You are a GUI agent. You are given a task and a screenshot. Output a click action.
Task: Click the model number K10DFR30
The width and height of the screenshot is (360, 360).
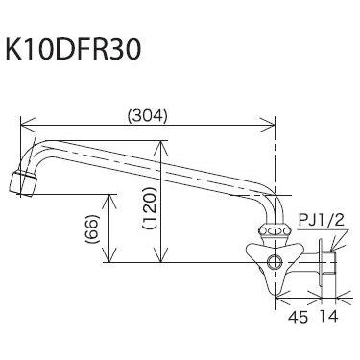tap(73, 50)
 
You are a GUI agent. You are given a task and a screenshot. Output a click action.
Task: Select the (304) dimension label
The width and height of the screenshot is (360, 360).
tap(148, 116)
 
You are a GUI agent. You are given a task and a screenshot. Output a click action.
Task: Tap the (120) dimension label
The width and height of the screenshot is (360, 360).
tap(150, 207)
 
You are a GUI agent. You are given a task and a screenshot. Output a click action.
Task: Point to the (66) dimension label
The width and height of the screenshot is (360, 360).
tap(93, 228)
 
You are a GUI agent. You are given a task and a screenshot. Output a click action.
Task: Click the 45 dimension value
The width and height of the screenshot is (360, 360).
tap(298, 317)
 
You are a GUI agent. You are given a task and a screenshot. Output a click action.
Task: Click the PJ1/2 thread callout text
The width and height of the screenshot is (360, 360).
tap(321, 221)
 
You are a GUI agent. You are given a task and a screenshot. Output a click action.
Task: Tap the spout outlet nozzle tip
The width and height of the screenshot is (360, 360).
tap(23, 183)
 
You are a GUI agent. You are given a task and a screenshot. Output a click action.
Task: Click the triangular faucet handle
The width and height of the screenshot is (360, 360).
tap(275, 264)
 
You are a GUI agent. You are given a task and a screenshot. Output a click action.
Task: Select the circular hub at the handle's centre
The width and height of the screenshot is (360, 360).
tap(275, 262)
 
